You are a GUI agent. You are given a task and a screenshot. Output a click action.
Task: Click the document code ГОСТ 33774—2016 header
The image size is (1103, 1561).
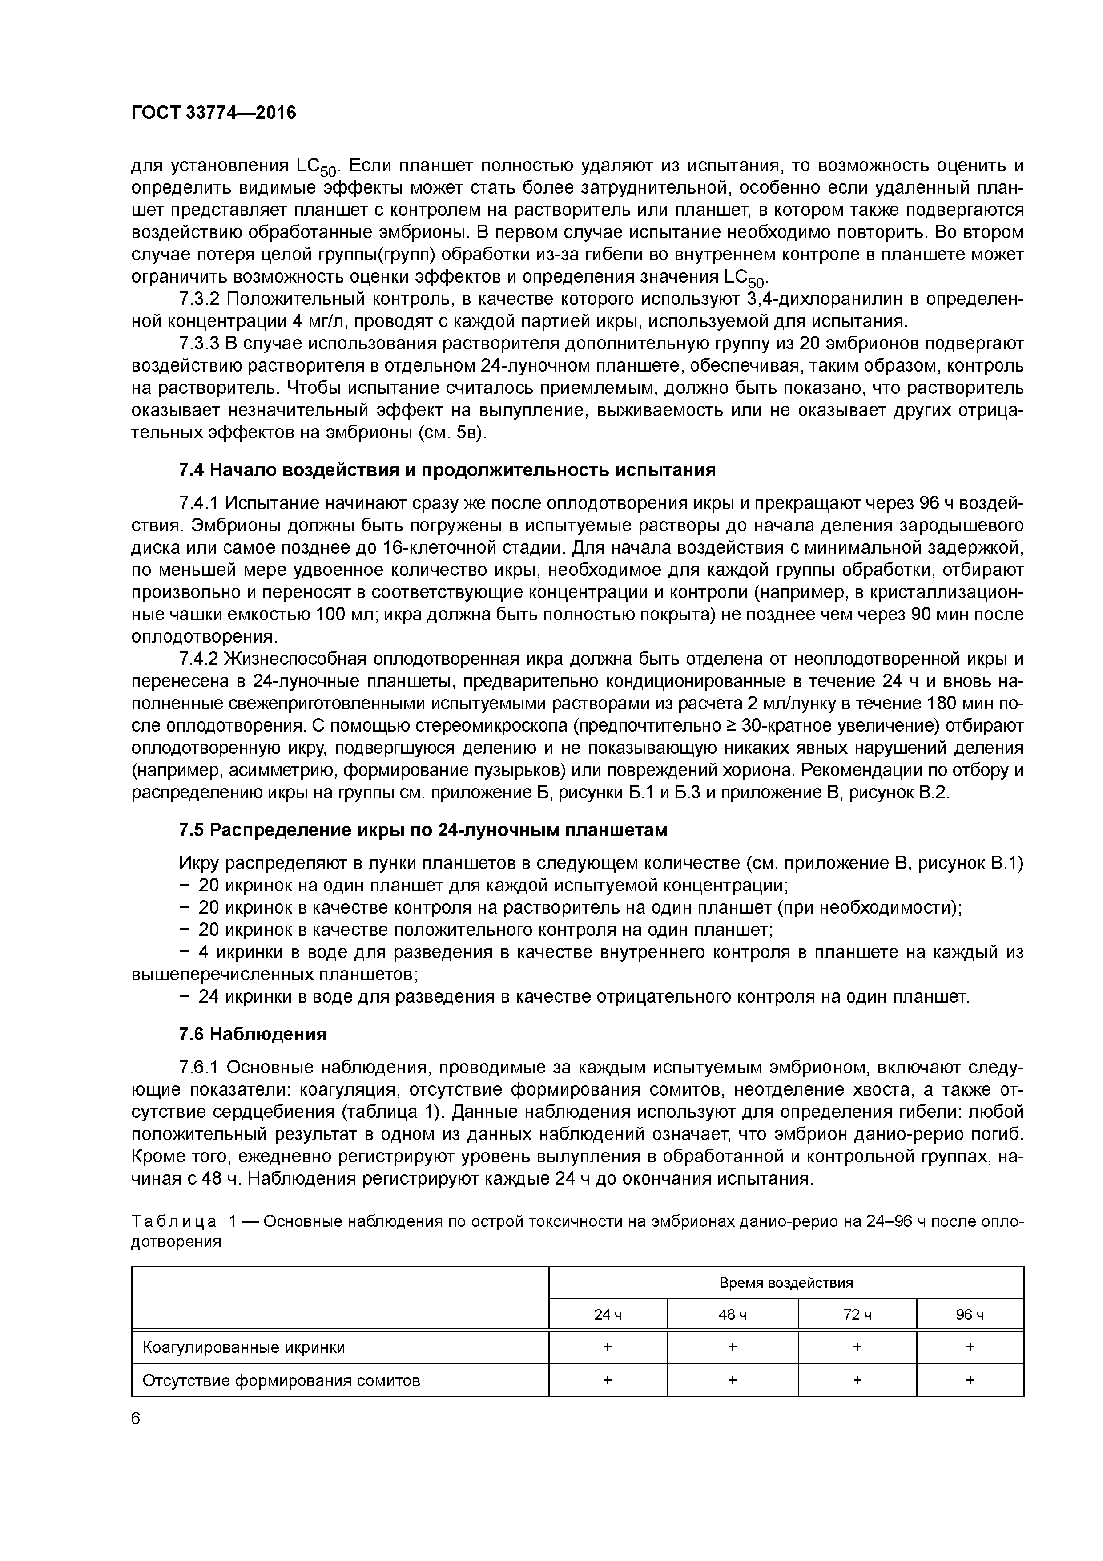213,113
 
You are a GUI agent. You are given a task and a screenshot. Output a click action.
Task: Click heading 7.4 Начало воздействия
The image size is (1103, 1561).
447,470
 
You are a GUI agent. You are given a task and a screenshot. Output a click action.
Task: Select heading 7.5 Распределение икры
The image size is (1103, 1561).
423,831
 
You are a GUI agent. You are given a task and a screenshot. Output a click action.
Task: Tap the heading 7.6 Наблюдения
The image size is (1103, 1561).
253,1034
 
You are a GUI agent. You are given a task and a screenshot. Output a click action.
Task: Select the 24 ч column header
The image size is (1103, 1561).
608,1315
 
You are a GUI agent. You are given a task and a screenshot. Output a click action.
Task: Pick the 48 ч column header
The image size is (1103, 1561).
732,1315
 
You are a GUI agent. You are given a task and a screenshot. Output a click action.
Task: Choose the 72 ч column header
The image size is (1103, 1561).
857,1315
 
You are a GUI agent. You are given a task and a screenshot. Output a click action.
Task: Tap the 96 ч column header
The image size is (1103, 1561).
970,1315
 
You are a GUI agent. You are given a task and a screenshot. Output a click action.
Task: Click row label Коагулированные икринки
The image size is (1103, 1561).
243,1347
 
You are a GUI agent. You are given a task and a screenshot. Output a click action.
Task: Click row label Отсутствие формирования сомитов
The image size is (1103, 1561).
282,1380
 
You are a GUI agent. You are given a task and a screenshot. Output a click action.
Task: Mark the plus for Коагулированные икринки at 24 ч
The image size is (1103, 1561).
608,1347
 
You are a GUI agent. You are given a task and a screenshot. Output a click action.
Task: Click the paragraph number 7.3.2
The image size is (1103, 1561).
199,299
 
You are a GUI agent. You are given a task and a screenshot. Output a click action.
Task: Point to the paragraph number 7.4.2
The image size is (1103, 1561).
199,659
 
